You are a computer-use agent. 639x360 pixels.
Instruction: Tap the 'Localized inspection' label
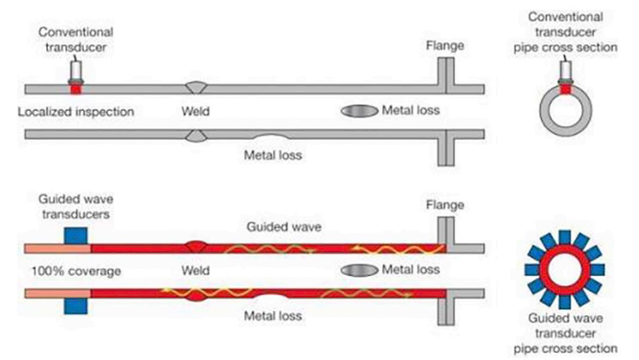coord(76,112)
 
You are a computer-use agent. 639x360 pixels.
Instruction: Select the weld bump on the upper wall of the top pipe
coord(196,87)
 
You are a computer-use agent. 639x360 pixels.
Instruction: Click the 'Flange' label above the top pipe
coord(445,46)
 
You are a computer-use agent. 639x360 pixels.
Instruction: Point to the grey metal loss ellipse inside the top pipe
coord(359,111)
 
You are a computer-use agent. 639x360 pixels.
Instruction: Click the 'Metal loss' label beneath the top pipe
coord(273,155)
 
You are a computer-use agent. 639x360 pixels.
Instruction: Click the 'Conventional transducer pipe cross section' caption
coord(565,32)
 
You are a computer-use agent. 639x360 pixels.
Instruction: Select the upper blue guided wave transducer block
coord(76,236)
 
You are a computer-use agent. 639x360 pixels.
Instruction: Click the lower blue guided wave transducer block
coord(76,306)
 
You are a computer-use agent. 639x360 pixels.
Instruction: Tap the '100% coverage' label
coord(76,271)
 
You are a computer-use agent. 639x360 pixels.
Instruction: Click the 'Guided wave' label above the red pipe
coord(284,227)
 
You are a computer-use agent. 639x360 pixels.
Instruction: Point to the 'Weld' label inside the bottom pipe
coord(195,270)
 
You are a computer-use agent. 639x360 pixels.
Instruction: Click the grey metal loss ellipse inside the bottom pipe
coord(359,270)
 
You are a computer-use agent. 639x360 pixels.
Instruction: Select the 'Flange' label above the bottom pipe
coord(445,205)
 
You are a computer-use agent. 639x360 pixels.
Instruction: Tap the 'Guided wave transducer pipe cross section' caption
coord(565,333)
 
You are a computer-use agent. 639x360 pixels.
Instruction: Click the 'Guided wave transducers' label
coord(76,207)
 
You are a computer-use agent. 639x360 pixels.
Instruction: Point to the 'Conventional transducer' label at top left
coord(76,39)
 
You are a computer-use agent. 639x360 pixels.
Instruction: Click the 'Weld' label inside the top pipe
coord(195,111)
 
